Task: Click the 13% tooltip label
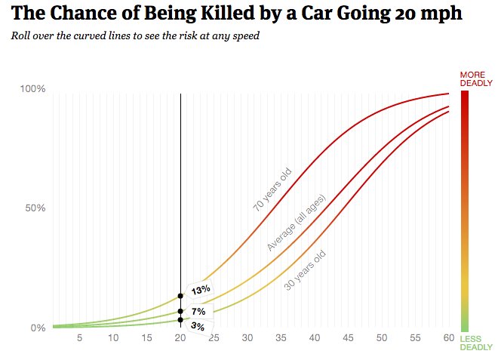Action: (x=200, y=290)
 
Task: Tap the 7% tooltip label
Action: (x=198, y=312)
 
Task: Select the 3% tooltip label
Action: (x=198, y=326)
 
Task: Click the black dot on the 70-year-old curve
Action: (x=180, y=296)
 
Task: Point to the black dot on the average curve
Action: (x=180, y=311)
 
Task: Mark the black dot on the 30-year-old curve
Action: (x=180, y=320)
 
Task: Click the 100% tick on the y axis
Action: (x=33, y=89)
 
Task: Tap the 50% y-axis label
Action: (x=35, y=208)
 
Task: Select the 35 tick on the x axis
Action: (x=281, y=338)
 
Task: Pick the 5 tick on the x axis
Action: (x=79, y=338)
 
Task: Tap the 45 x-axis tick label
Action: (x=348, y=338)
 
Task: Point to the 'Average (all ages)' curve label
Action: (x=296, y=223)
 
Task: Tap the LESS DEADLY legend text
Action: (x=475, y=343)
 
